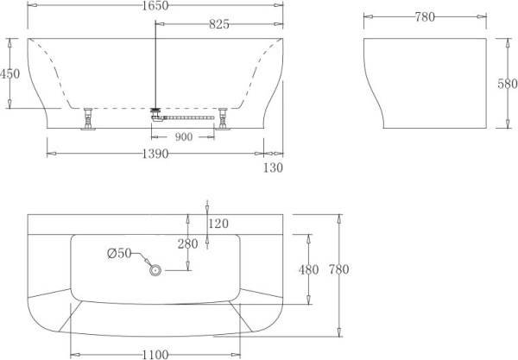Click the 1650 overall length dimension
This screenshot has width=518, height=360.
coord(156,6)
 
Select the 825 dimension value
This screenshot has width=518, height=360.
coord(218,24)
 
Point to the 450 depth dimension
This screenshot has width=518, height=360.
coord(9,74)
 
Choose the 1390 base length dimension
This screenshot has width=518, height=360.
coord(156,153)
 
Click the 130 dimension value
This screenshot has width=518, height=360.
coord(273,167)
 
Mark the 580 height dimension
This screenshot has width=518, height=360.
coord(506,85)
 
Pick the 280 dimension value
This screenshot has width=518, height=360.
coord(188,244)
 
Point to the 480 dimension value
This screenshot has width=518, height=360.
coord(308,269)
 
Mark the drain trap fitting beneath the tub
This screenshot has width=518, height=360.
coord(156,111)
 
